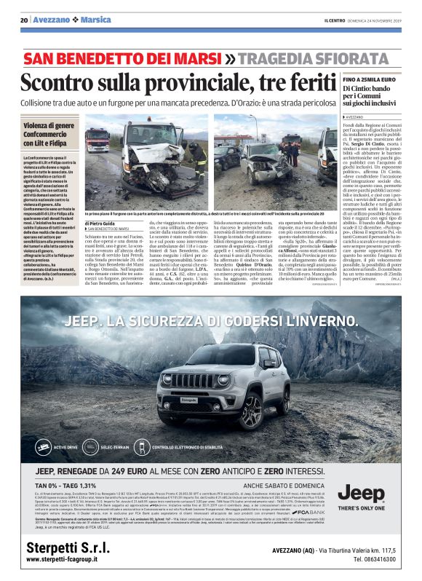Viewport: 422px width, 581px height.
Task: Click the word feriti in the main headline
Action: pos(300,80)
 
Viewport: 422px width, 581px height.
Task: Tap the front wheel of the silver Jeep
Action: pos(254,411)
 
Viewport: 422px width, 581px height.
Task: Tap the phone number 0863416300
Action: pos(374,560)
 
